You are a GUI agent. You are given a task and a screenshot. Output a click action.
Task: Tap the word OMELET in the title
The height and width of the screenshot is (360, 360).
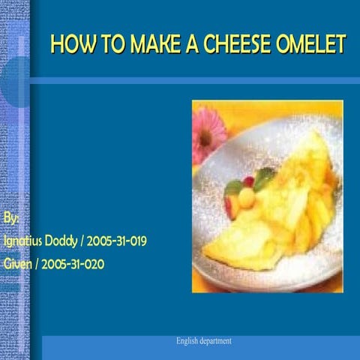click(x=317, y=45)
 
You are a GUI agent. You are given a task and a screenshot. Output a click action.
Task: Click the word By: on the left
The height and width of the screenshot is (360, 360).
click(x=11, y=218)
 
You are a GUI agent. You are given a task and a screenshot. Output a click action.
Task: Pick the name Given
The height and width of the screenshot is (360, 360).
click(x=18, y=264)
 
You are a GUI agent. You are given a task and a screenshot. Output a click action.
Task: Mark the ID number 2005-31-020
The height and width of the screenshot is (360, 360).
click(x=72, y=264)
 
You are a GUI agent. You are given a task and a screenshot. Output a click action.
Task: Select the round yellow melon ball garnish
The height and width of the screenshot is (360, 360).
click(x=247, y=196)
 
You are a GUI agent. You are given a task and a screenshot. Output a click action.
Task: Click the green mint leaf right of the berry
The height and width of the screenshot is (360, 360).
click(x=263, y=178)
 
